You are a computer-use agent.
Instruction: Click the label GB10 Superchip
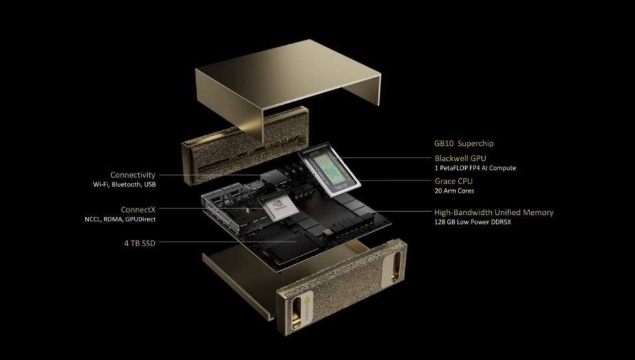tap(464, 143)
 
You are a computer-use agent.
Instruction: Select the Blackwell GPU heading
tap(460, 158)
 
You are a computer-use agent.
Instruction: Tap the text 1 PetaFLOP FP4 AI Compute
tap(475, 168)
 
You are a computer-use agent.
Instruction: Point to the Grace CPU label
tap(453, 182)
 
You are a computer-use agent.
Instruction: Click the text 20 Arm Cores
tap(454, 191)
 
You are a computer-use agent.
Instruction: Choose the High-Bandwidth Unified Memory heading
tap(494, 213)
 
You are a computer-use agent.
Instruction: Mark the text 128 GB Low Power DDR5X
tap(473, 223)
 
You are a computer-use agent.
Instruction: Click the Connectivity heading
tap(133, 175)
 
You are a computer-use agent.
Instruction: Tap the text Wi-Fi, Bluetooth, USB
tap(124, 185)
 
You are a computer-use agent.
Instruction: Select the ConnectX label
tap(138, 210)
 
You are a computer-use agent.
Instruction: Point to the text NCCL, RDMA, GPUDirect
tap(120, 219)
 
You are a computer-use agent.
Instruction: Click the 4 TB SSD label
tap(140, 243)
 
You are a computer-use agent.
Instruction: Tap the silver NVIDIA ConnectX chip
tap(279, 207)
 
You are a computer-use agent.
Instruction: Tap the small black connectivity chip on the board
tap(275, 176)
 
